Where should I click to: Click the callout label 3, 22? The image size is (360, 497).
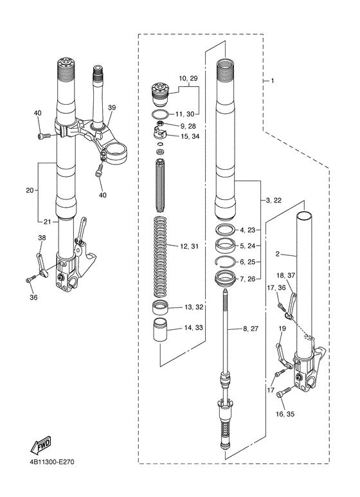(x=273, y=201)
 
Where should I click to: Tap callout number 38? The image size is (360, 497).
(x=42, y=237)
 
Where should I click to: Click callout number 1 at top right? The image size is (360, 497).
(x=272, y=81)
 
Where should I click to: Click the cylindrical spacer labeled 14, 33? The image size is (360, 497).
(x=160, y=330)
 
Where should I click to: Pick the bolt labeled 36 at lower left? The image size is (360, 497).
(x=32, y=280)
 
